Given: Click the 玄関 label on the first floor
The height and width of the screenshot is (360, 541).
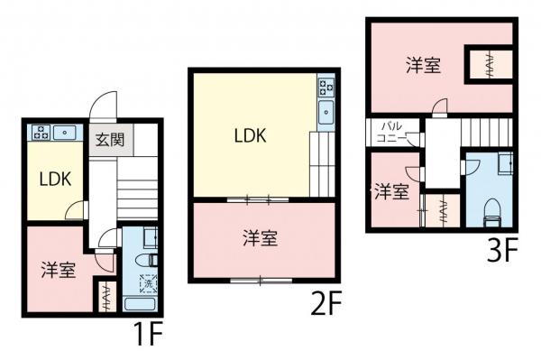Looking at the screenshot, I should tap(111, 141).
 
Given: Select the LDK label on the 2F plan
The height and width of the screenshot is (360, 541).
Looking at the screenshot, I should tap(250, 135).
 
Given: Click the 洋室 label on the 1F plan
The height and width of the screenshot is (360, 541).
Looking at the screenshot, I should tap(58, 269).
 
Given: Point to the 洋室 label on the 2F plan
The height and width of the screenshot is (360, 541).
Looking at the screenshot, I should tap(260, 238).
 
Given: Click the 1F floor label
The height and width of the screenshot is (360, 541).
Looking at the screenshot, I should tap(147, 337).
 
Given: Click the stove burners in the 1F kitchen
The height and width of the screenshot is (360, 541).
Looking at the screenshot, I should tap(41, 132).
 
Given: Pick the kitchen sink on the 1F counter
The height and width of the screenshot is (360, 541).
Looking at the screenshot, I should tap(67, 133).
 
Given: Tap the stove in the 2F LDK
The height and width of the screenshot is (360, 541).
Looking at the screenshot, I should tap(325, 88).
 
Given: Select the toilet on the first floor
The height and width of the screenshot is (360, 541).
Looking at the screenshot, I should tap(150, 260).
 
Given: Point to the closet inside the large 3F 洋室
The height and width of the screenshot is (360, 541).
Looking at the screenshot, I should tap(489, 64).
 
